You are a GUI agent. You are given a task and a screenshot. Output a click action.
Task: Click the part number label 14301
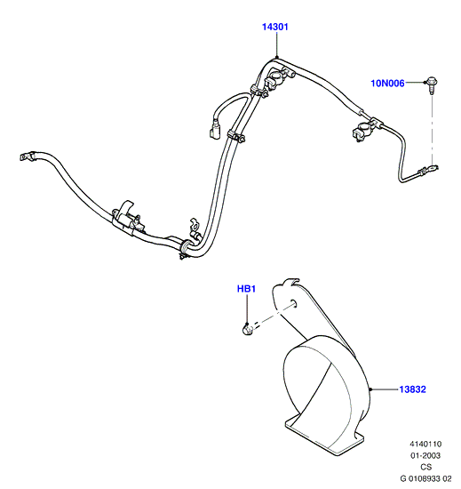coord(275,28)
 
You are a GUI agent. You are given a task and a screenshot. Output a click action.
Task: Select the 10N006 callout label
coord(387,84)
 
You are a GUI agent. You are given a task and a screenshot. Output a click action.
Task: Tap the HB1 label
coord(246,289)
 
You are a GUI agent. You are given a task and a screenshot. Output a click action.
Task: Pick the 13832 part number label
coord(412,389)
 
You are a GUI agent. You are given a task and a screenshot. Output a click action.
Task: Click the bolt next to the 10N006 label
coord(432,84)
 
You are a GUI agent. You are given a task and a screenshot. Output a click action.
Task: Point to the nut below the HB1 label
coord(247,329)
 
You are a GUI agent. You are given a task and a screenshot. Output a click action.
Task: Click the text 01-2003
coord(425,455)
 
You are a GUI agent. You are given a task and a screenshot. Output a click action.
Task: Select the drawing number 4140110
coord(425,444)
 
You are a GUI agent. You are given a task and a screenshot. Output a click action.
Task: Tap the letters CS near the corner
coord(426,467)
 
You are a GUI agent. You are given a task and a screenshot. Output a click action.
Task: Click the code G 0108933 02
coord(425,478)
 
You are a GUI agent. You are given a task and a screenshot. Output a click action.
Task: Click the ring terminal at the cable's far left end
coord(25,156)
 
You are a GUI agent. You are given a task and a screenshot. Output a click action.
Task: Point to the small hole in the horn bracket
coord(294,303)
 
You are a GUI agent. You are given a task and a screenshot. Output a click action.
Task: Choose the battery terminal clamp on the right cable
coord(364,131)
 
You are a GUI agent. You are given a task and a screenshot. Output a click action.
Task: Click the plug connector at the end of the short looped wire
coord(215,131)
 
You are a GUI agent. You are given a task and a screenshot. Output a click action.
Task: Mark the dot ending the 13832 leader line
coord(370,389)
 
